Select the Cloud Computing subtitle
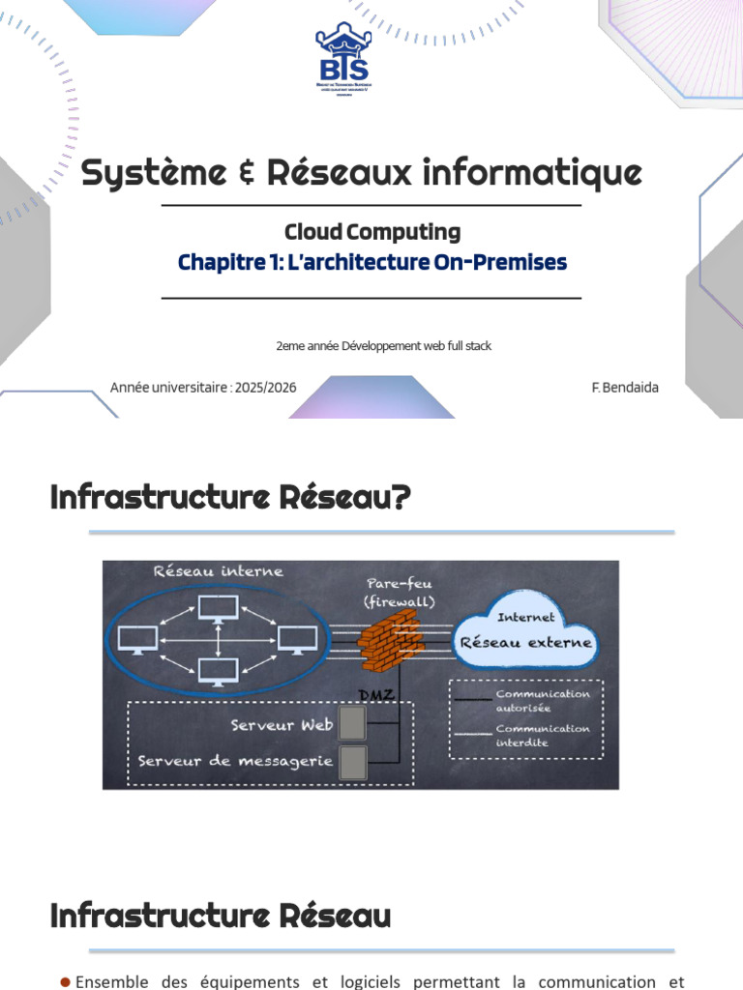pyautogui.click(x=371, y=232)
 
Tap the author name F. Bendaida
pyautogui.click(x=625, y=388)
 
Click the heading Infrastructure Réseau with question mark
pyautogui.click(x=230, y=499)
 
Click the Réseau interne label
pyautogui.click(x=219, y=571)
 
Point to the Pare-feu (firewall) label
pyautogui.click(x=399, y=593)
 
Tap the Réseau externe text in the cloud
pyautogui.click(x=525, y=642)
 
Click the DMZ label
pyautogui.click(x=376, y=695)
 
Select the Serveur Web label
pyautogui.click(x=282, y=725)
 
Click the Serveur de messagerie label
pyautogui.click(x=235, y=761)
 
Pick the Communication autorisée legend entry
pyautogui.click(x=542, y=700)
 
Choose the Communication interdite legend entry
pyautogui.click(x=542, y=735)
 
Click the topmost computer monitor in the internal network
pyautogui.click(x=218, y=610)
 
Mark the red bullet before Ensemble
pyautogui.click(x=66, y=981)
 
